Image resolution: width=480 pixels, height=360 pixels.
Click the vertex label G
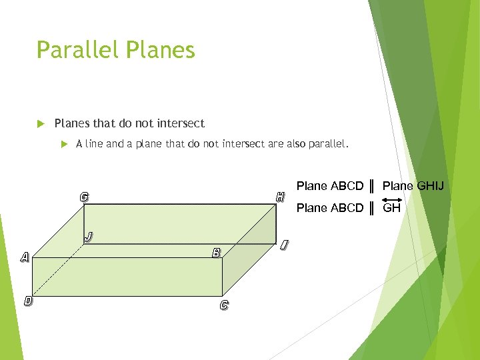(84, 197)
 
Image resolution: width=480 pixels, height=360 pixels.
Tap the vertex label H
(281, 197)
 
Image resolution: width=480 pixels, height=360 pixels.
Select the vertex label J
(89, 236)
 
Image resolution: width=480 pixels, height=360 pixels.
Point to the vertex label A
(25, 257)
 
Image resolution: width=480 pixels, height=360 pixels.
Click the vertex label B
(216, 253)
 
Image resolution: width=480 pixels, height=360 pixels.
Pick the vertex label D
(28, 301)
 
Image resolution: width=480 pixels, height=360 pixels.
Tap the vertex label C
(224, 305)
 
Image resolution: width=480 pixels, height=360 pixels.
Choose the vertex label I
(285, 245)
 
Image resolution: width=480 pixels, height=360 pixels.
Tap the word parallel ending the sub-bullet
(326, 143)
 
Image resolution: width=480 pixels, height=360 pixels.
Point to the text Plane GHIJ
(413, 185)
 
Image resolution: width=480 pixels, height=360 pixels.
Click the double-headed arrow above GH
(391, 199)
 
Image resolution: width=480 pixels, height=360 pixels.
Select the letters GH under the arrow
(391, 208)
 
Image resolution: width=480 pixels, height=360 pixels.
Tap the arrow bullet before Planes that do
(41, 124)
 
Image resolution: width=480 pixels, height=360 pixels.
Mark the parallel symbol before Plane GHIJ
(372, 185)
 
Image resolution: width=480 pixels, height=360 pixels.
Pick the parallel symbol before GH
(372, 207)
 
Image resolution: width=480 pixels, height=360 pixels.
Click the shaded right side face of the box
(250, 250)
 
